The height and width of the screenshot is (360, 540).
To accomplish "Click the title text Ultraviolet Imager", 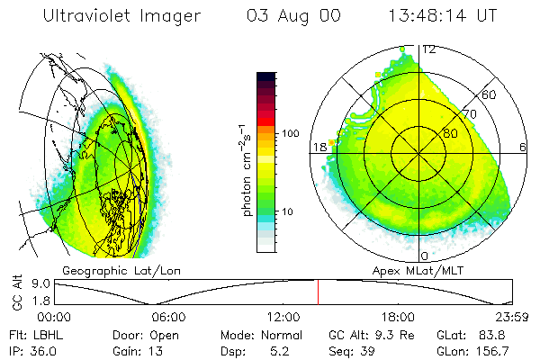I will (x=125, y=17).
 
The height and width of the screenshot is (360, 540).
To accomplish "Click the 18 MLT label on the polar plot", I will (x=319, y=147).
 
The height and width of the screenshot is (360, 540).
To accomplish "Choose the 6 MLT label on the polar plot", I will (x=522, y=147).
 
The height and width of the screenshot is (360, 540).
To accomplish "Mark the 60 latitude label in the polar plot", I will (x=490, y=94).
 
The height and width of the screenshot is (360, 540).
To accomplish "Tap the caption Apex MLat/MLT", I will (x=410, y=270).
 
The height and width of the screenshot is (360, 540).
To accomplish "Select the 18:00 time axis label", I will (x=398, y=317).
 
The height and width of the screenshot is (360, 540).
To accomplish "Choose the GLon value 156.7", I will (x=495, y=350).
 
